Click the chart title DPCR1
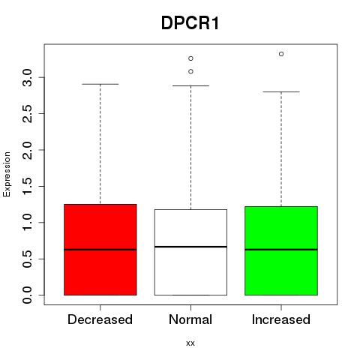point(190,23)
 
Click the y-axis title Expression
point(7,175)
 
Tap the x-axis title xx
point(190,343)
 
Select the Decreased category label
point(100,319)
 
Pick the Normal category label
point(190,319)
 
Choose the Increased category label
point(281,319)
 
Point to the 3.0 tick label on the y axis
point(27,77)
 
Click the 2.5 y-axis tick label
point(27,114)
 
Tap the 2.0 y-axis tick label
point(27,150)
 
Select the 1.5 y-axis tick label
point(27,186)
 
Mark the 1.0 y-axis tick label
point(27,223)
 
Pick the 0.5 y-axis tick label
point(27,259)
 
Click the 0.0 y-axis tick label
point(27,295)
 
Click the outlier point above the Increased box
point(281,54)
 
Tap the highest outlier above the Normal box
point(190,58)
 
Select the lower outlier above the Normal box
point(190,71)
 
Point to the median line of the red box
point(100,250)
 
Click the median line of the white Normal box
point(190,247)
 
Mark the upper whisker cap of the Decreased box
point(100,84)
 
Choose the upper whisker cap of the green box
point(281,91)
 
